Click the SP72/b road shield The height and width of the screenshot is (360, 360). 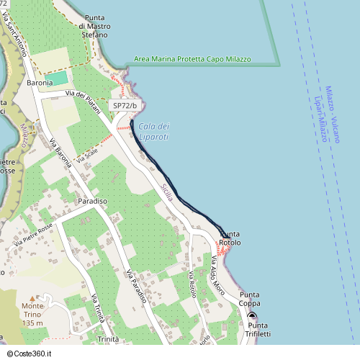point(125,106)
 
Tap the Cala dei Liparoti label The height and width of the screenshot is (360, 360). point(153,132)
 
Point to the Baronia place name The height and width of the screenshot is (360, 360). point(40,84)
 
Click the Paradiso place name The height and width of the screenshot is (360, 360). point(93,201)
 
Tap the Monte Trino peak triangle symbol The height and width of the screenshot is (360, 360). point(31,298)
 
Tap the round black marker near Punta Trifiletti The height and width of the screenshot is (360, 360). point(253,317)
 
